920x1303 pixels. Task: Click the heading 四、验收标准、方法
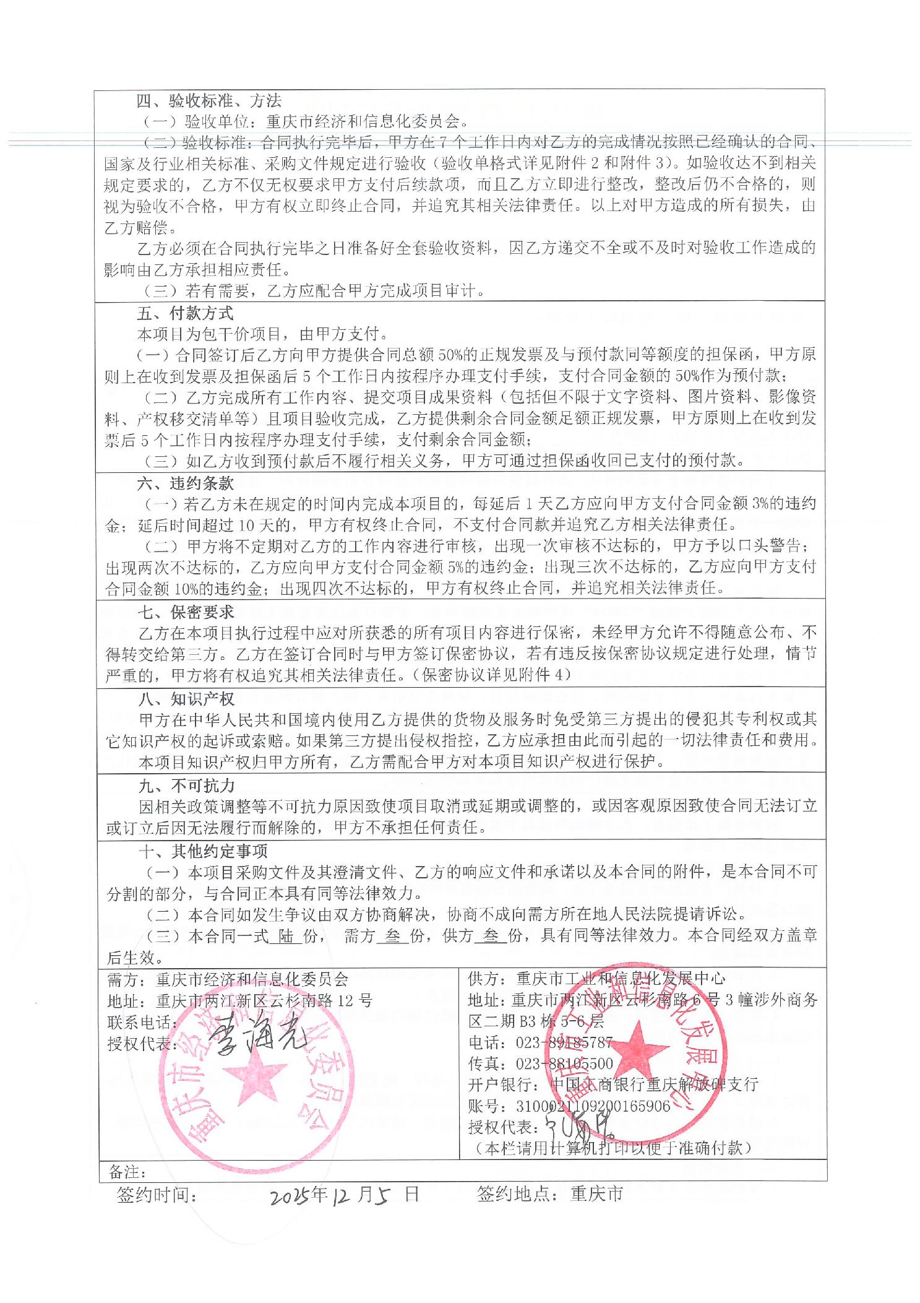pos(209,100)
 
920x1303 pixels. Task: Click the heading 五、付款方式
pos(185,313)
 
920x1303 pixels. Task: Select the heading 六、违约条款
pos(185,483)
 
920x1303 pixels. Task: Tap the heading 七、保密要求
pos(185,612)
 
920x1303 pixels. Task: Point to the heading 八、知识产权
pos(186,698)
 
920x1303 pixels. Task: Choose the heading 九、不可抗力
pos(186,786)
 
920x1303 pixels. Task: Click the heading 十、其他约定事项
pos(203,851)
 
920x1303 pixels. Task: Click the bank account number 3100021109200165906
pos(592,1106)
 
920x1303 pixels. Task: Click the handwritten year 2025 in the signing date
pos(293,1195)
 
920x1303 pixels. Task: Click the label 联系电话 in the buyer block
pos(141,1021)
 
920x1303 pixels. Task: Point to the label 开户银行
pos(504,1084)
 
